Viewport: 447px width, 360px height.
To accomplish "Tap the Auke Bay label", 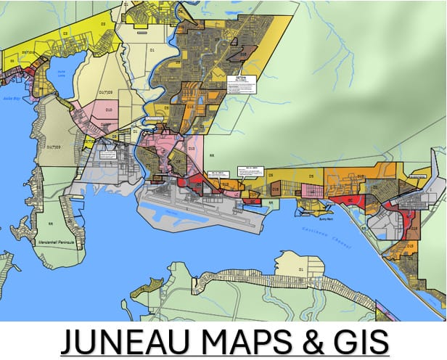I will click(10, 96).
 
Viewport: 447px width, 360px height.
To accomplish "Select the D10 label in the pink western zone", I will click(109, 110).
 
